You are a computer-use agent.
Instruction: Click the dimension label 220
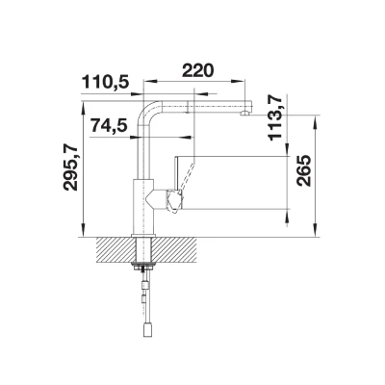(x=197, y=71)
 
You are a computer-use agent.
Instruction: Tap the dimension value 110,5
(x=106, y=82)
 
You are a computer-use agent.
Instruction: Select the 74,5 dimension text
(x=109, y=126)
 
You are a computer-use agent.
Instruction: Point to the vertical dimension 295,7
(x=71, y=168)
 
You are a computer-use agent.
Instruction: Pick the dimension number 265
(x=304, y=170)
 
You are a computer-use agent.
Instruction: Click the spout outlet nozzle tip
(x=245, y=113)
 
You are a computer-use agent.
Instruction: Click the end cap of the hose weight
(x=146, y=329)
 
